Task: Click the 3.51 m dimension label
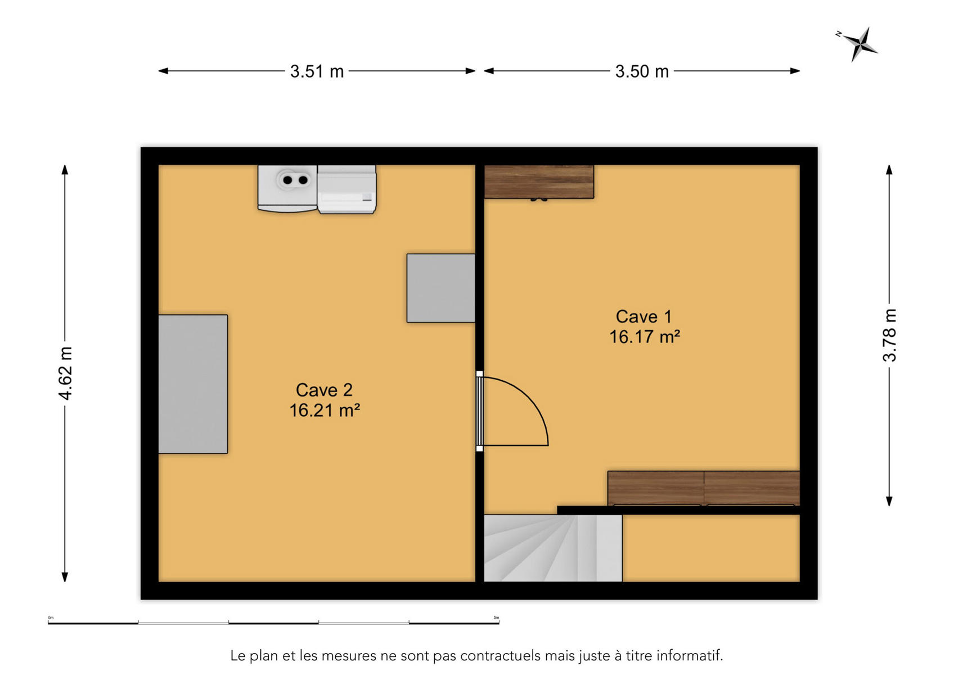(x=317, y=71)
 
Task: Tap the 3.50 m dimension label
(x=642, y=71)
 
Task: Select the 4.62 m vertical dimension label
(x=65, y=373)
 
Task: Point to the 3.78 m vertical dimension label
(x=889, y=335)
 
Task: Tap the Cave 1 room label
(x=643, y=317)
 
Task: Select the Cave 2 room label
(x=324, y=390)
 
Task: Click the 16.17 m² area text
(x=645, y=337)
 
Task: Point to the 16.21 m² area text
(x=325, y=410)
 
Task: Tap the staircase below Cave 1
(x=553, y=548)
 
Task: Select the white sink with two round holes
(x=287, y=188)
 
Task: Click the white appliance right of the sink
(x=346, y=189)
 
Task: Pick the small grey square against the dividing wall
(x=441, y=288)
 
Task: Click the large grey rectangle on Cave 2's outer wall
(x=193, y=384)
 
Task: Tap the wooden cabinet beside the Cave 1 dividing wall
(x=539, y=182)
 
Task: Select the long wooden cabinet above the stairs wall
(x=704, y=488)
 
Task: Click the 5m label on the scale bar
(x=496, y=618)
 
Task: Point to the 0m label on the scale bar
(x=51, y=618)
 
